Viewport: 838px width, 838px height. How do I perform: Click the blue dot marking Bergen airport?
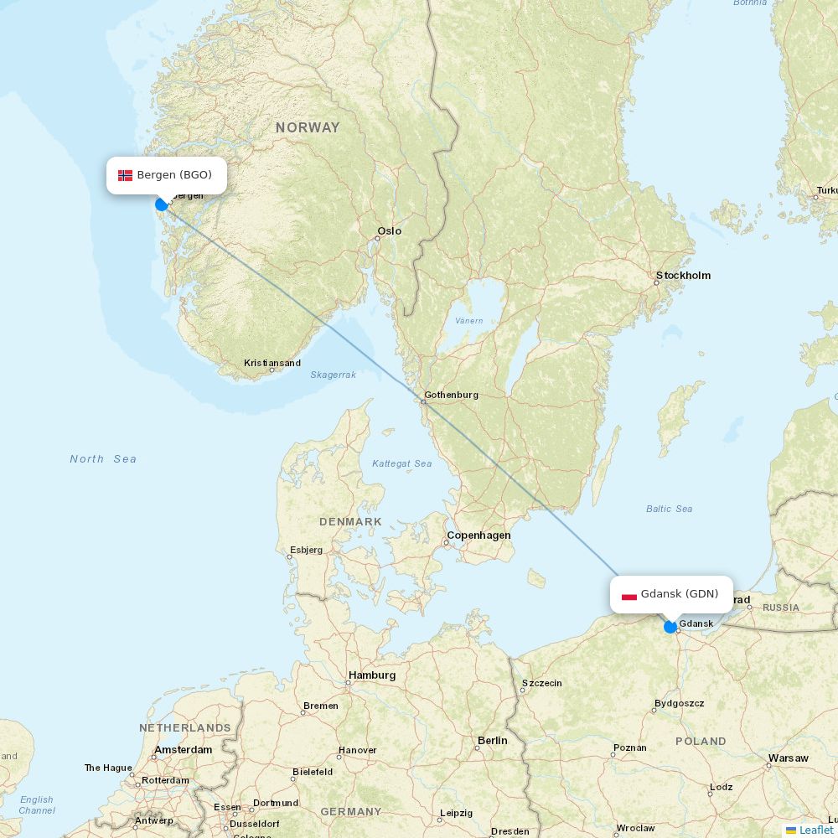[162, 204]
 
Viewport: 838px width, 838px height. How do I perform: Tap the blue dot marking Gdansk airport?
[670, 627]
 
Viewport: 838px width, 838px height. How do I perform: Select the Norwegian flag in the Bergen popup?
[125, 175]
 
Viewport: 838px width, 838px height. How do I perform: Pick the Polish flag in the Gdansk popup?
[629, 595]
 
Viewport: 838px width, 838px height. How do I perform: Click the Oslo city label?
[389, 231]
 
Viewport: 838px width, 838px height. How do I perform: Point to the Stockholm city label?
[683, 276]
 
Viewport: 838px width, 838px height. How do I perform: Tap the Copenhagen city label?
[478, 535]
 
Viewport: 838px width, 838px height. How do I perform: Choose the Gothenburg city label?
[451, 395]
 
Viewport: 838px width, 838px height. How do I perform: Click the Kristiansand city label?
[272, 364]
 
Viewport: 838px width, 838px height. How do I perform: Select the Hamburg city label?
[371, 675]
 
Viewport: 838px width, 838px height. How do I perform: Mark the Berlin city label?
[492, 741]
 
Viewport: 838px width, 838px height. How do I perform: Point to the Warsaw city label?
[788, 758]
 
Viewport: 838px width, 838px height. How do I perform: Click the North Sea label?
[103, 459]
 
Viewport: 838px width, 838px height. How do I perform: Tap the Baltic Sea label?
[669, 509]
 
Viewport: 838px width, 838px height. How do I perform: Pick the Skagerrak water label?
[333, 375]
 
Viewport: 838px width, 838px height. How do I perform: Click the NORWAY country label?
[308, 128]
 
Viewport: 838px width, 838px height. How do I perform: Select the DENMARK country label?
[350, 522]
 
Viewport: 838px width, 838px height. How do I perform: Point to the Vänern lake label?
[468, 321]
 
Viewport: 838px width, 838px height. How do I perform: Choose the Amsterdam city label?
[183, 750]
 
